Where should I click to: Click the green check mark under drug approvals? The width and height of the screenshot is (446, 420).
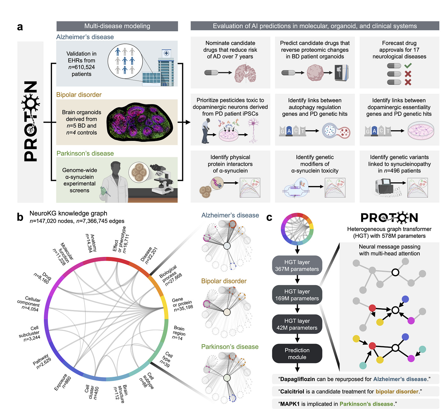(408, 66)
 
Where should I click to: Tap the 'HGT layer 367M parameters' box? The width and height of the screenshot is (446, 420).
(297, 266)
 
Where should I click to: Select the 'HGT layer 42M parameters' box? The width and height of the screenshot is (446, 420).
(297, 324)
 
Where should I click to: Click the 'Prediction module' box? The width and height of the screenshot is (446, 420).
(297, 354)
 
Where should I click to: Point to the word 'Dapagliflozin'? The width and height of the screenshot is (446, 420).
(297, 379)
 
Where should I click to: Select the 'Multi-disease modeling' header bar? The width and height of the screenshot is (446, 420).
(117, 26)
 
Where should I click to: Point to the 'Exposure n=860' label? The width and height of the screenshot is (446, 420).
(62, 382)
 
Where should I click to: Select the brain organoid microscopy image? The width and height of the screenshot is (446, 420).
(140, 122)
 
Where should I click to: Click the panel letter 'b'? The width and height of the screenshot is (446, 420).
(20, 217)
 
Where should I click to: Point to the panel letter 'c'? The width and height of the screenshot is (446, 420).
(269, 217)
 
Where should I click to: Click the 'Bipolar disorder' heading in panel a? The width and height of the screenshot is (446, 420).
(79, 95)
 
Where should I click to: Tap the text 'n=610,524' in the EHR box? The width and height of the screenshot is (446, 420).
(81, 67)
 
